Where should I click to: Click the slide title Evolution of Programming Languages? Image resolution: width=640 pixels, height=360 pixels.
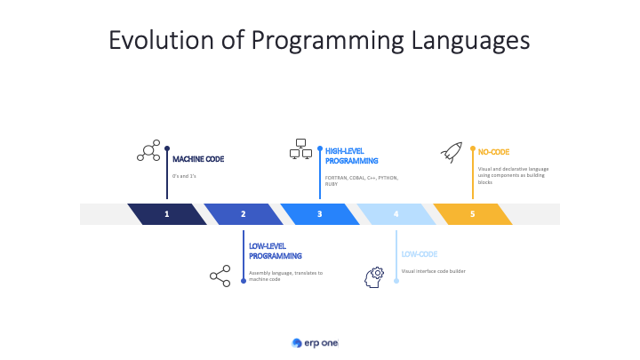[x=319, y=41]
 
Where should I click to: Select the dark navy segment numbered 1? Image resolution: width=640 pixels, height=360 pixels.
[x=166, y=214]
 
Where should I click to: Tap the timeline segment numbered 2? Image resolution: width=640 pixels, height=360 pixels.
[x=243, y=214]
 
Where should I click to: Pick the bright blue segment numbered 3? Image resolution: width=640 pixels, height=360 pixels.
[x=319, y=214]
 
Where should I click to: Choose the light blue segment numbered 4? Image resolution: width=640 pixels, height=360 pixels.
[x=396, y=214]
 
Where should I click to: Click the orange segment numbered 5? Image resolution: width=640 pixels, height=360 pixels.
[x=472, y=214]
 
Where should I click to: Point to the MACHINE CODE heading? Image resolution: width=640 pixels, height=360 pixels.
[x=198, y=159]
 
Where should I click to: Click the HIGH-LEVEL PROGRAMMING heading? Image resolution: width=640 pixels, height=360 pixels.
[x=352, y=156]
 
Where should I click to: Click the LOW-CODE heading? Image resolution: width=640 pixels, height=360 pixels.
[x=419, y=254]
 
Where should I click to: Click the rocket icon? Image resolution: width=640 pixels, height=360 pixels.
[x=452, y=152]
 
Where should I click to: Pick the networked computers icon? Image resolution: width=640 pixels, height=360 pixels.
[x=300, y=149]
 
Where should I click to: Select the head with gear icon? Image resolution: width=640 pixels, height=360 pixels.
[x=374, y=276]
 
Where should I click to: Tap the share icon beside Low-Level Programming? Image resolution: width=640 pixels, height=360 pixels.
[x=220, y=276]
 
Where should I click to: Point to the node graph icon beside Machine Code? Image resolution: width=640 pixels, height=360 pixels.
[x=148, y=152]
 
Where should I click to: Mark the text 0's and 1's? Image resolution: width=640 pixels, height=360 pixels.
[x=185, y=176]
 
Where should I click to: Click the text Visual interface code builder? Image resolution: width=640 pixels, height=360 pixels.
[x=433, y=271]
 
